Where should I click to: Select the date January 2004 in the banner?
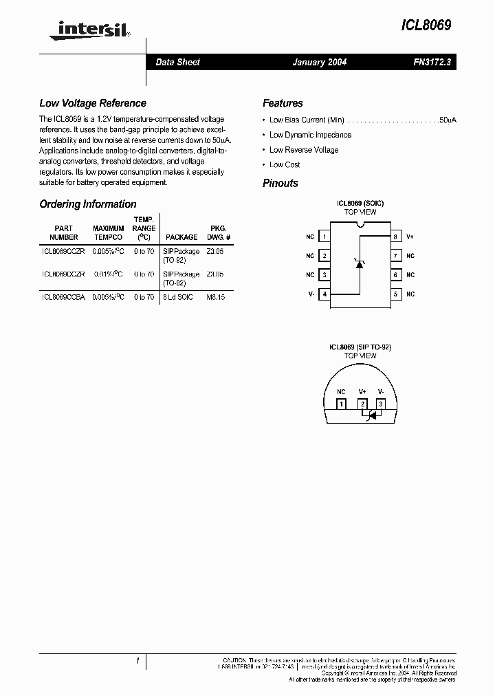pyautogui.click(x=320, y=62)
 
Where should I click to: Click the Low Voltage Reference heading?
pyautogui.click(x=93, y=103)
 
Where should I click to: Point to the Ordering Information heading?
pyautogui.click(x=88, y=204)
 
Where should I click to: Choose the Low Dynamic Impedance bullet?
pyautogui.click(x=310, y=135)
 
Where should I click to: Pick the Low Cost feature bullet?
pyautogui.click(x=285, y=165)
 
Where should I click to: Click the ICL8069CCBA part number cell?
pyautogui.click(x=63, y=297)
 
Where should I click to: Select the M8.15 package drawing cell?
pyautogui.click(x=215, y=297)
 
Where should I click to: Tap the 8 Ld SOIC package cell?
pyautogui.click(x=178, y=297)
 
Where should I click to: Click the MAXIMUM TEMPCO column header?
pyautogui.click(x=109, y=232)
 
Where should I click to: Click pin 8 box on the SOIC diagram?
pyautogui.click(x=395, y=237)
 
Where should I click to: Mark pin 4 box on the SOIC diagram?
pyautogui.click(x=324, y=294)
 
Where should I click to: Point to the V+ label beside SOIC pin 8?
pyautogui.click(x=410, y=237)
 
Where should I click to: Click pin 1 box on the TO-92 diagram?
pyautogui.click(x=341, y=404)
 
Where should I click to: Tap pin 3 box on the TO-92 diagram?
pyautogui.click(x=380, y=404)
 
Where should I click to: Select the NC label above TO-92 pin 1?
pyautogui.click(x=341, y=391)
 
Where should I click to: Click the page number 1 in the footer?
pyautogui.click(x=138, y=661)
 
